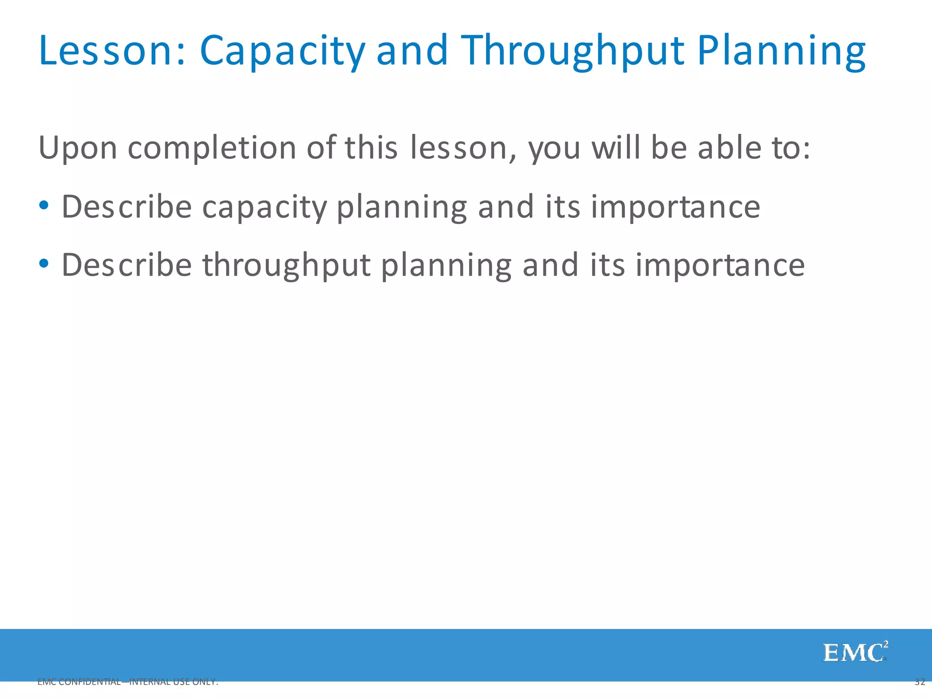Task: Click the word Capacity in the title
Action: [x=282, y=51]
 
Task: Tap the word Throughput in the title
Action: [x=573, y=51]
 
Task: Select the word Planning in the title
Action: [x=781, y=51]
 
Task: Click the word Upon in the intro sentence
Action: [x=78, y=148]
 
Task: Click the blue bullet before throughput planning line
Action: [x=44, y=263]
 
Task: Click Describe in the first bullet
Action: [x=127, y=207]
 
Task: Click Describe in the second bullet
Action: [x=127, y=265]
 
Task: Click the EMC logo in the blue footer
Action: [x=855, y=653]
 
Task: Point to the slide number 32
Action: [x=920, y=682]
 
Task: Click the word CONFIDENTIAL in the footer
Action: [x=90, y=682]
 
